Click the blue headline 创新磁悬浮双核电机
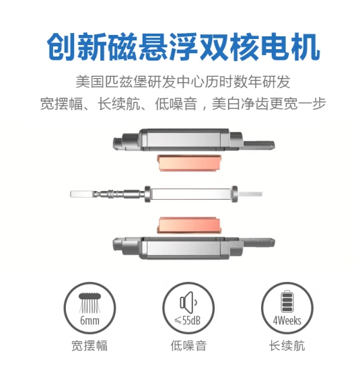(183, 47)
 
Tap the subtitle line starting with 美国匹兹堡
(183, 82)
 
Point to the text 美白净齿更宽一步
(268, 104)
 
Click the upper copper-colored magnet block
(189, 163)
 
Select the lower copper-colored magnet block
(189, 226)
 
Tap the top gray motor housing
(194, 140)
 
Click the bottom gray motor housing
(194, 248)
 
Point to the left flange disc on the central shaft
(147, 194)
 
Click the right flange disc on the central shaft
(234, 194)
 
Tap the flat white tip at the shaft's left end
(82, 194)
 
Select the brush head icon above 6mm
(89, 303)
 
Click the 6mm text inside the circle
(89, 321)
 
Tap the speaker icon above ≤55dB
(188, 302)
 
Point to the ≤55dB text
(188, 321)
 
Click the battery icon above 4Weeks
(287, 302)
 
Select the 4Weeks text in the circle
(287, 321)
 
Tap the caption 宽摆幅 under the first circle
(89, 346)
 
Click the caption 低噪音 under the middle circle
(188, 346)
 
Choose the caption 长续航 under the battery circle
(287, 346)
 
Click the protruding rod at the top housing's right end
(258, 145)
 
